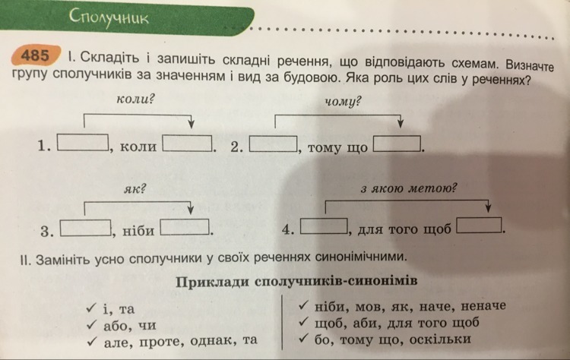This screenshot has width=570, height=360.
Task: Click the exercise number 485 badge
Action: tap(35, 55)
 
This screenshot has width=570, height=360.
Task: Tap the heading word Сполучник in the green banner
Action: tap(109, 17)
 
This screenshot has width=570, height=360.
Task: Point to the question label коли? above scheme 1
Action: tap(135, 99)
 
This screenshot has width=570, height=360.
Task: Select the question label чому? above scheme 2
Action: tap(344, 101)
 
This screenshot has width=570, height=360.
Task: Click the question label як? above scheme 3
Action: tap(135, 188)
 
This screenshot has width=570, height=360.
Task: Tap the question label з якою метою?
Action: tap(409, 188)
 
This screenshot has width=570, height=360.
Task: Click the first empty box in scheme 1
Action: tap(84, 142)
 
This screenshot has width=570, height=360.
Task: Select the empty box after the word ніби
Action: tap(185, 227)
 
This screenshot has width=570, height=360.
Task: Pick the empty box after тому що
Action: tap(397, 144)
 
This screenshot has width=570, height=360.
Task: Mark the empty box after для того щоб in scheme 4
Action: tap(479, 226)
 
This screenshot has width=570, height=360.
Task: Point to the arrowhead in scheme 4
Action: tap(488, 207)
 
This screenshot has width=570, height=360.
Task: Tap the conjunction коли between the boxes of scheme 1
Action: tap(138, 147)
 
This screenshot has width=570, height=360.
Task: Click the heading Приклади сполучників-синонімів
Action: tap(296, 282)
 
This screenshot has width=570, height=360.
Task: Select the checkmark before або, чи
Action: tap(92, 324)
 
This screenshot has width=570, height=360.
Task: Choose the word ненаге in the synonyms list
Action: tap(483, 306)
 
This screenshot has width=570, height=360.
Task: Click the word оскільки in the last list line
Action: tap(440, 339)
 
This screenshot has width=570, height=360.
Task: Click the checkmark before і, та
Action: tap(92, 308)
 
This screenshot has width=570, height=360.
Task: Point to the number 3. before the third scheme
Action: tap(47, 231)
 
